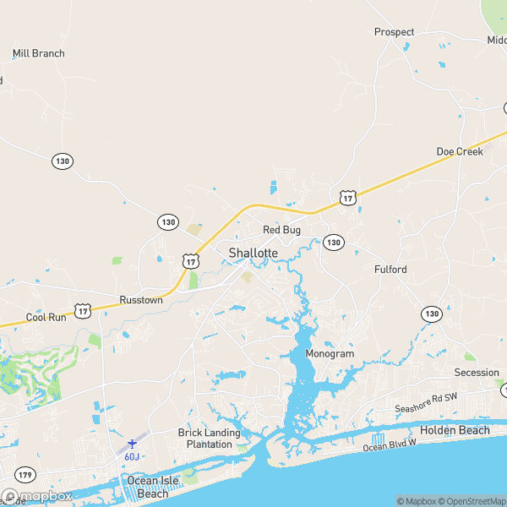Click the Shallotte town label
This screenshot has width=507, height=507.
point(253,253)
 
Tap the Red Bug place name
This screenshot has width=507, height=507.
point(281,229)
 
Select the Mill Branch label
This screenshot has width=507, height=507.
point(38,53)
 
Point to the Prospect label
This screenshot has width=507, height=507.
point(395,32)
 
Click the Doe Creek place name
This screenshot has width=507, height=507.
point(459,151)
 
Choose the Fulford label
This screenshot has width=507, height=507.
point(390,270)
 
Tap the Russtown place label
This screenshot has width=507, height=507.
point(141,300)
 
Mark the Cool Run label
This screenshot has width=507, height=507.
point(46,318)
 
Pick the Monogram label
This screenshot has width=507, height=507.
point(329,353)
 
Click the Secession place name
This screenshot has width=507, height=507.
point(477,373)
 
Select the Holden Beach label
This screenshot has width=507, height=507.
point(455,430)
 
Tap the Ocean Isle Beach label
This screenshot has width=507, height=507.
point(147,487)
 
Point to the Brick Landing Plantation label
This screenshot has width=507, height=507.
point(209,439)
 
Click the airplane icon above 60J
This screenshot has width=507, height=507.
point(132,443)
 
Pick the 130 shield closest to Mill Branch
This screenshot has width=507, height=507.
point(61,160)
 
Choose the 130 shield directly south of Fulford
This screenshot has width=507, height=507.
point(431,313)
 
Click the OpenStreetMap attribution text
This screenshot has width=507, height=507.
point(470,501)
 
